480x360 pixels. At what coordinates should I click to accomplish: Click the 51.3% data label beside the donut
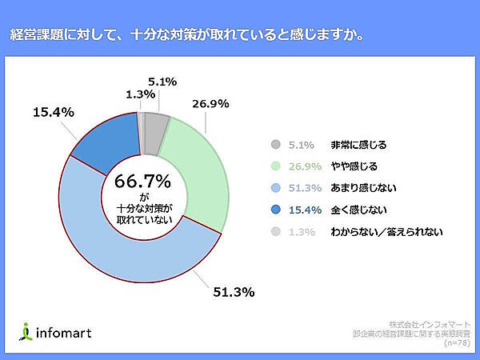234,292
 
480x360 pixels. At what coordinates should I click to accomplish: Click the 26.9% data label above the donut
210,103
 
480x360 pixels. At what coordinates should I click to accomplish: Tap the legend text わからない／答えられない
386,232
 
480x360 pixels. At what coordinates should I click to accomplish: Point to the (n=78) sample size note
457,342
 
